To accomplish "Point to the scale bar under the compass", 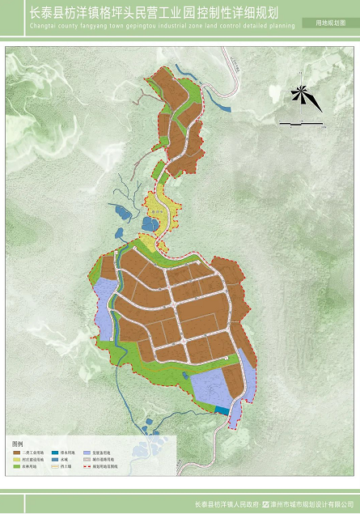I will click(x=301, y=123).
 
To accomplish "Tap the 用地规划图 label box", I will click(x=329, y=25).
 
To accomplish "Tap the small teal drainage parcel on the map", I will click(x=221, y=410).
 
